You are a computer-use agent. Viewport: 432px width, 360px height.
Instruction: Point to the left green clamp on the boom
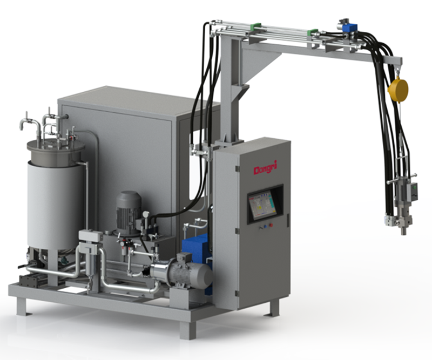pyautogui.click(x=256, y=26)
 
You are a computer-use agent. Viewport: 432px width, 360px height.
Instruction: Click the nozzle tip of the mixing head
pyautogui.click(x=403, y=231)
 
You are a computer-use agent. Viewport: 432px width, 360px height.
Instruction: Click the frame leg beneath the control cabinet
pyautogui.click(x=274, y=308)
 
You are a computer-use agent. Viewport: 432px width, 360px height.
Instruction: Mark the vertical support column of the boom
pyautogui.click(x=230, y=92)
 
